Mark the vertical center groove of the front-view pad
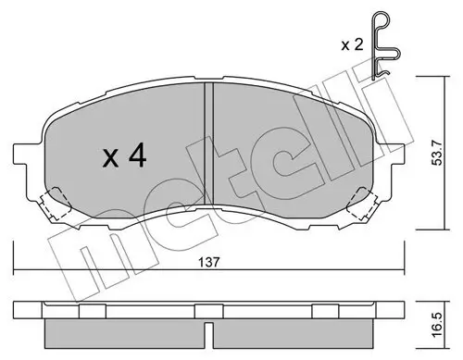(208, 139)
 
